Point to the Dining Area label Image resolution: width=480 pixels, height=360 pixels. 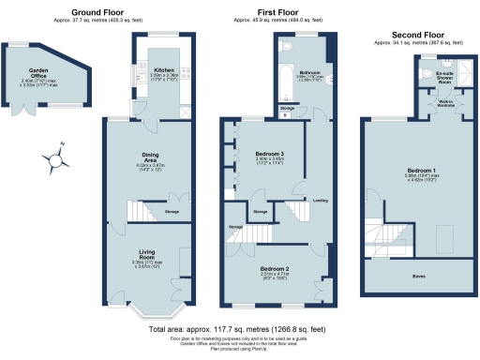[150, 162]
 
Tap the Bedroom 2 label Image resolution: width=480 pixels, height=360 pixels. [274, 268]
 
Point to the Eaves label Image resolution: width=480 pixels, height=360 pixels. [415, 277]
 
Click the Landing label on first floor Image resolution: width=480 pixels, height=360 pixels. [320, 200]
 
